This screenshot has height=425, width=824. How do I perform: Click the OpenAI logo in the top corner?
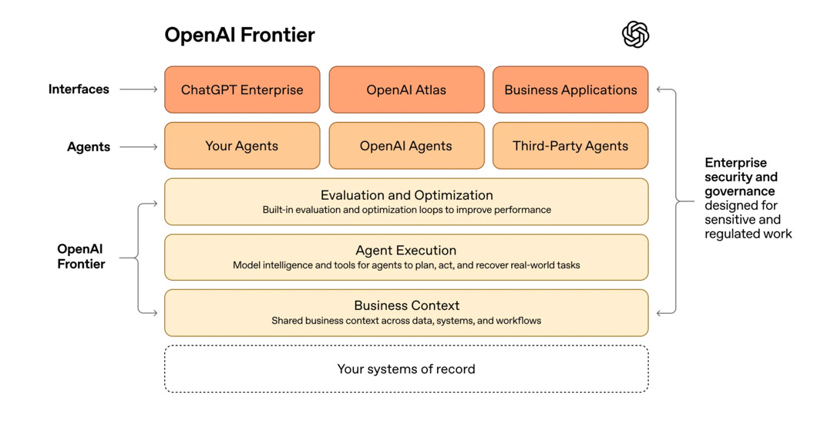point(635,35)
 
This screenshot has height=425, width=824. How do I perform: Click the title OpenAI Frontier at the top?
point(240,35)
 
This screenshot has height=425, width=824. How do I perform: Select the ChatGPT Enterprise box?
point(242,90)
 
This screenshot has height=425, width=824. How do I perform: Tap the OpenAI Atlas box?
point(406,90)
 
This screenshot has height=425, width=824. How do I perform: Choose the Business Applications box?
point(570,90)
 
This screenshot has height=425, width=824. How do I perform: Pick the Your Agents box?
point(242,146)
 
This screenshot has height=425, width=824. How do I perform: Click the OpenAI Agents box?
point(406,146)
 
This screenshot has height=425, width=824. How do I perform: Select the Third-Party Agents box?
point(570,146)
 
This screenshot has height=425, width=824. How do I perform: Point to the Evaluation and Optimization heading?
point(406,195)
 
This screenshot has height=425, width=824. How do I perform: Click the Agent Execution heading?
point(406,251)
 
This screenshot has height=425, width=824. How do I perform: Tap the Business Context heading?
point(406,305)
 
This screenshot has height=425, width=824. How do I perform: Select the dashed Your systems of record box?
point(406,369)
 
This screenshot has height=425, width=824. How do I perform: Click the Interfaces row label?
point(79,89)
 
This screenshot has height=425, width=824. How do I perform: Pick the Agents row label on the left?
point(89,147)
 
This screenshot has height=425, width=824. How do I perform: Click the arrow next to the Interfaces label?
point(139,89)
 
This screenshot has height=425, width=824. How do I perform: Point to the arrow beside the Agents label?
point(139,147)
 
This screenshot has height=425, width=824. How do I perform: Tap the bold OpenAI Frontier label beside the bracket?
point(81,256)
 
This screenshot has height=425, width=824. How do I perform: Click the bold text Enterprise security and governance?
point(740,177)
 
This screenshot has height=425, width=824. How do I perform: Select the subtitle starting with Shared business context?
point(406,320)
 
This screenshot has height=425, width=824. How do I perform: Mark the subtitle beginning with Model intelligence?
point(406,265)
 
